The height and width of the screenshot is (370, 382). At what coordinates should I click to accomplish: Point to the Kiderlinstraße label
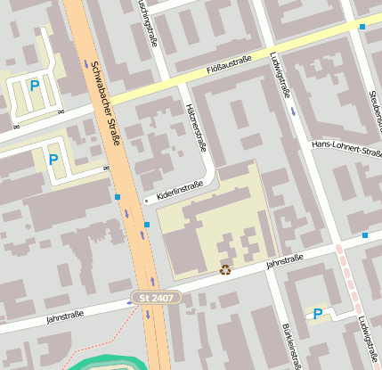point(180,190)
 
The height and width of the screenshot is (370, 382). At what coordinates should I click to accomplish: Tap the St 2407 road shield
point(158,297)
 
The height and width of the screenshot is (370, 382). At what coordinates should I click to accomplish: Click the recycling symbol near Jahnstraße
point(226,269)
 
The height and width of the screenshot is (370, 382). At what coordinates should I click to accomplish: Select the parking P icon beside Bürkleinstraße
point(317,313)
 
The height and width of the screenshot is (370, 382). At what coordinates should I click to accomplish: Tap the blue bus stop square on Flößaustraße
point(362,27)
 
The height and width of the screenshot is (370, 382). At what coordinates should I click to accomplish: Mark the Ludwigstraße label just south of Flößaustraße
point(279,74)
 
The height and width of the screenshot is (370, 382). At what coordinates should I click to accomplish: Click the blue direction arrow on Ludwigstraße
point(294,111)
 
